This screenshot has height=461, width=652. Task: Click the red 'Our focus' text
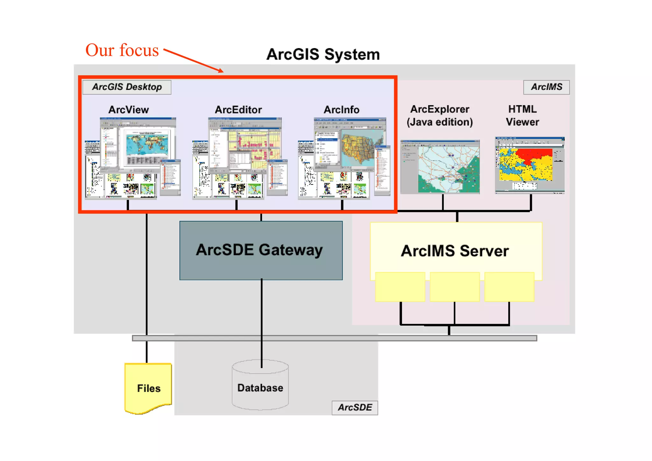(x=122, y=50)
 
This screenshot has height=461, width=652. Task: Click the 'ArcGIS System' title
(x=323, y=54)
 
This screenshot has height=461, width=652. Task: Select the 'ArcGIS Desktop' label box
(x=127, y=87)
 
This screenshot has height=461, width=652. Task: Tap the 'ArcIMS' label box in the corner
(x=546, y=87)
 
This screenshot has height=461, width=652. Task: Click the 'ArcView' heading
(x=129, y=110)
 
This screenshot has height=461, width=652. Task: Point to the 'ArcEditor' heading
(x=238, y=110)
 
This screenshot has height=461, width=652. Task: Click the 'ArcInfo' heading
(x=341, y=110)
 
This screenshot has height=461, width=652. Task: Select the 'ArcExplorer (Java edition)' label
(x=439, y=116)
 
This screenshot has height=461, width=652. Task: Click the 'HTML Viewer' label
(x=522, y=116)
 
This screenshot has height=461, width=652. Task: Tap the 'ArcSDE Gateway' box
(x=261, y=250)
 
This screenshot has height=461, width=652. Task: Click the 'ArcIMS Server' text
(x=455, y=251)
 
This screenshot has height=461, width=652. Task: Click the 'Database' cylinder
(x=260, y=387)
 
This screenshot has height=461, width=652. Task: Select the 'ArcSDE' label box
(x=355, y=407)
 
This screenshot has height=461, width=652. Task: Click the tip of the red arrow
(x=223, y=72)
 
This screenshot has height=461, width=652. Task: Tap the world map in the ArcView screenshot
(x=147, y=145)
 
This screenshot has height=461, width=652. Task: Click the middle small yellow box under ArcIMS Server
(x=455, y=286)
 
